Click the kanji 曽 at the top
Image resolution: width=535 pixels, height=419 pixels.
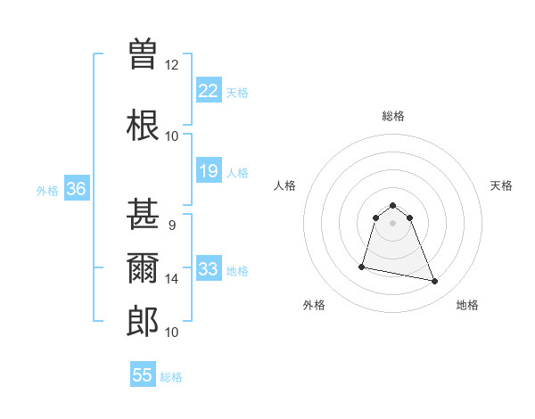coord(143,53)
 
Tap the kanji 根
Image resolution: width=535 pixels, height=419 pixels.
coord(143,125)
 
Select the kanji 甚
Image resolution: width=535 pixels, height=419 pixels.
coord(143,215)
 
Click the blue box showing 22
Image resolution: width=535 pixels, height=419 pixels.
coord(209,91)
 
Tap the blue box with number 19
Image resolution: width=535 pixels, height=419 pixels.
coord(209,171)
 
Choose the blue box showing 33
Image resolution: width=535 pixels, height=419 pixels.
coord(209,269)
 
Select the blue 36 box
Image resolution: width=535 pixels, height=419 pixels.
coord(76,189)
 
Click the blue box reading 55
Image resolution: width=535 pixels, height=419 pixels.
coord(143,375)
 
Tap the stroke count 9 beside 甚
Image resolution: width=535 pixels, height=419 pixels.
coord(171,226)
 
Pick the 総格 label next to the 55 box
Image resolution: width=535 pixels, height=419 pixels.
coord(171,377)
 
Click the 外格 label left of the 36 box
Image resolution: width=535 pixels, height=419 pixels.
coord(47,190)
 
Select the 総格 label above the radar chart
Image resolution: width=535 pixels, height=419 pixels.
coord(393,116)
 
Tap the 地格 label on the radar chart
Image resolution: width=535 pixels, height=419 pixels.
coord(467,305)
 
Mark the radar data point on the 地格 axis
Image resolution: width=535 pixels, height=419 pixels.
coord(435,282)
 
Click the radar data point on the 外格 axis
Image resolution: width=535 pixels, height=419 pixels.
coord(362,266)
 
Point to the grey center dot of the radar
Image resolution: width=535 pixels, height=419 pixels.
coord(393,234)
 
